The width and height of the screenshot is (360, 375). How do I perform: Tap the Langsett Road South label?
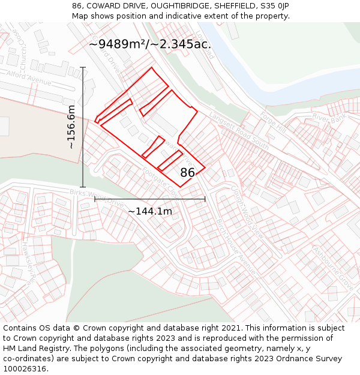pos(239,126)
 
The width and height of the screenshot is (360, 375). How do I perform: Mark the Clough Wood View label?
pos(247,210)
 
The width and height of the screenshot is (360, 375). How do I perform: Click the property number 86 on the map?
pos(187,173)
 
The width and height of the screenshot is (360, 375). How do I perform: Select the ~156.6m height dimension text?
pos(71,127)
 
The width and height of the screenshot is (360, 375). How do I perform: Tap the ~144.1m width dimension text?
pos(149,211)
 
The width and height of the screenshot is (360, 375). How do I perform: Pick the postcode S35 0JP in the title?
pos(274,5)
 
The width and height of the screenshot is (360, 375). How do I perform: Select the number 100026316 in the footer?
pos(25,368)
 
